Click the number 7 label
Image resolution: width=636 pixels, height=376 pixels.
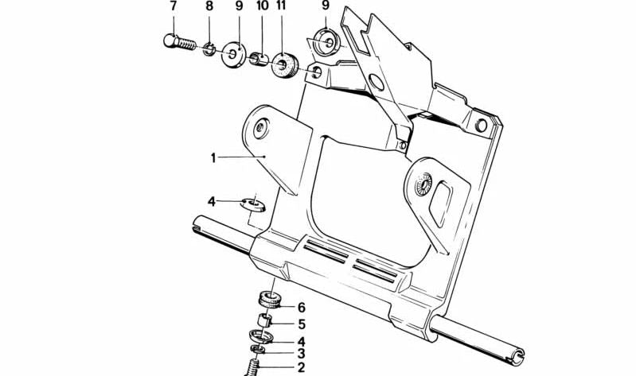point(174,7)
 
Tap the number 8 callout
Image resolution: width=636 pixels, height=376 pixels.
point(209,7)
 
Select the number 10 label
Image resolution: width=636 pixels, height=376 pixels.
point(262,7)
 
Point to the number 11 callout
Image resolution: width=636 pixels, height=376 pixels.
point(280,7)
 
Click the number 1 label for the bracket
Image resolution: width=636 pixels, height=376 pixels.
point(213,157)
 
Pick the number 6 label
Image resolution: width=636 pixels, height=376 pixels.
point(301,308)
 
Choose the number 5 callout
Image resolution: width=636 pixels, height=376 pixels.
point(301,324)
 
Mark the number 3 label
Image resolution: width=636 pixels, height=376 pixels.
point(301,353)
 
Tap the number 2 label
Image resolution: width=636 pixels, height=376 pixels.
point(301,367)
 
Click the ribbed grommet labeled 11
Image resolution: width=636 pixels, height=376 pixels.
point(284,66)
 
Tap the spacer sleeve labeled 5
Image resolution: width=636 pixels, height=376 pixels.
point(268,322)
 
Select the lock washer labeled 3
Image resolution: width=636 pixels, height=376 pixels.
point(258,351)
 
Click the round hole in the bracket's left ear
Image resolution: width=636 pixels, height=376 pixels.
point(261,126)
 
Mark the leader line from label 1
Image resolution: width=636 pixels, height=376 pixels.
point(242,157)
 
